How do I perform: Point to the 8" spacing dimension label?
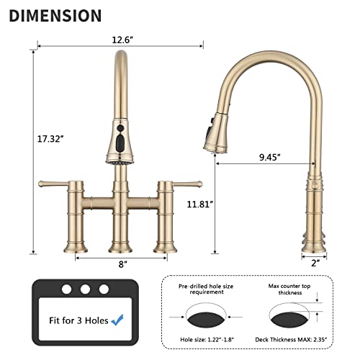click(x=123, y=264)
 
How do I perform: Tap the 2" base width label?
click(x=315, y=264)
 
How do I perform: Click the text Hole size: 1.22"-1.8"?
click(x=201, y=342)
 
